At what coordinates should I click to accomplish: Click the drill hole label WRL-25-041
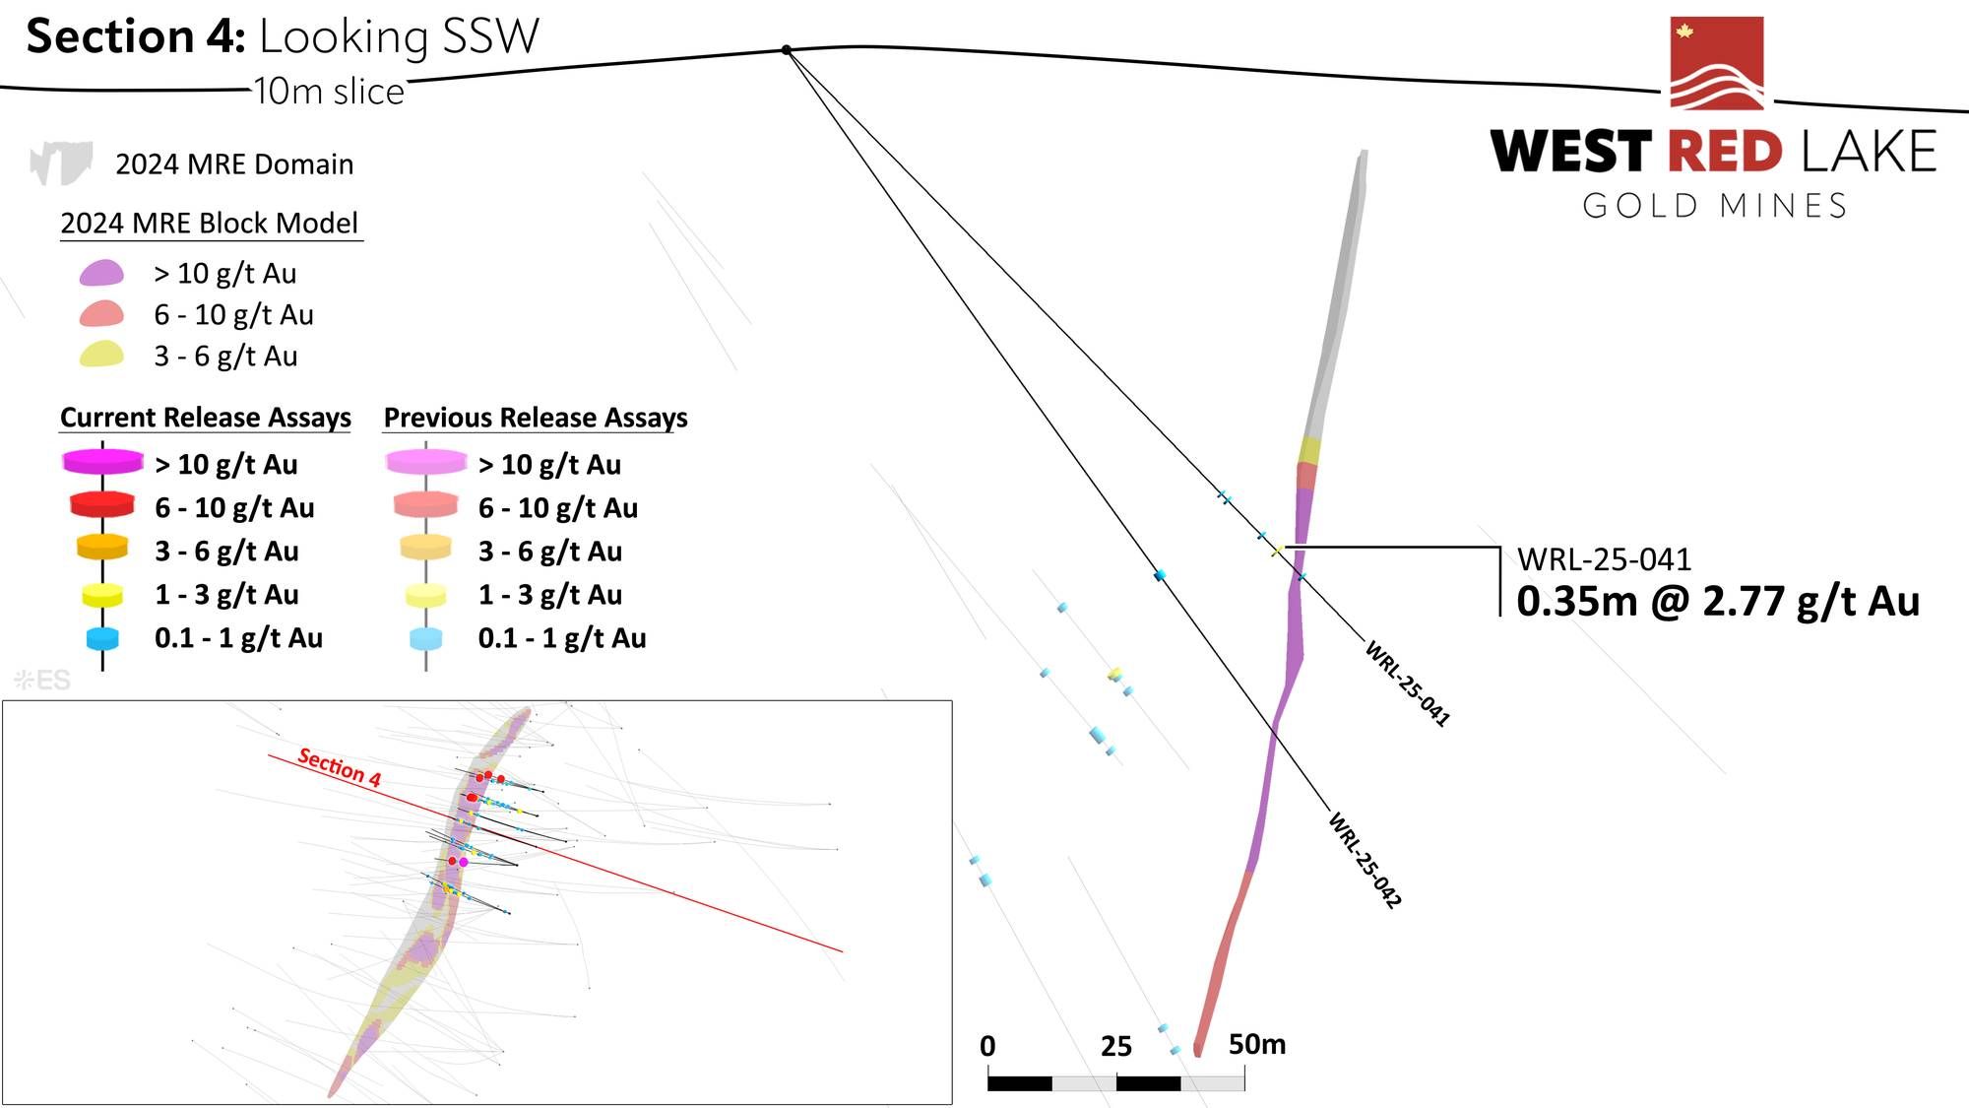click(1407, 684)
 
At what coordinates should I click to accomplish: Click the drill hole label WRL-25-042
click(1365, 859)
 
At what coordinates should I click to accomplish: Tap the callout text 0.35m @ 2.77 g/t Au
click(1718, 602)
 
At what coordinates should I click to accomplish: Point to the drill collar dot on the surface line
click(787, 49)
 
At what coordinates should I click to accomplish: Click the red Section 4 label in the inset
click(339, 767)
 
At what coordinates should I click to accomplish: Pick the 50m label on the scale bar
click(1257, 1044)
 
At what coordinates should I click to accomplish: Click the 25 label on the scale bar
click(1115, 1046)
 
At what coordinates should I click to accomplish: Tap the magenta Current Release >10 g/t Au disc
click(102, 462)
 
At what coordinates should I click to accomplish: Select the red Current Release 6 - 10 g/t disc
click(102, 505)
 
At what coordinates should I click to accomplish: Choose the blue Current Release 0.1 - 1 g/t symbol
click(102, 638)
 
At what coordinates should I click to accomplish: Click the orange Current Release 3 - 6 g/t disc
click(102, 548)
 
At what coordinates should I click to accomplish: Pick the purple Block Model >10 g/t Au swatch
click(101, 273)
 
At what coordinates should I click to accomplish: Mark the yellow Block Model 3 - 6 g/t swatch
click(101, 355)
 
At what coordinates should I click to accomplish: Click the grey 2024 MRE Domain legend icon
click(61, 163)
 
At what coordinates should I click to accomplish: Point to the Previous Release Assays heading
click(536, 418)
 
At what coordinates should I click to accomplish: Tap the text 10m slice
click(329, 92)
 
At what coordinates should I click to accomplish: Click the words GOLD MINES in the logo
click(1714, 206)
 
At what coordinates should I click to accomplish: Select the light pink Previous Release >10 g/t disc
click(426, 462)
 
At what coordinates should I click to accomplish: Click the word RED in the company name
click(1725, 153)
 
